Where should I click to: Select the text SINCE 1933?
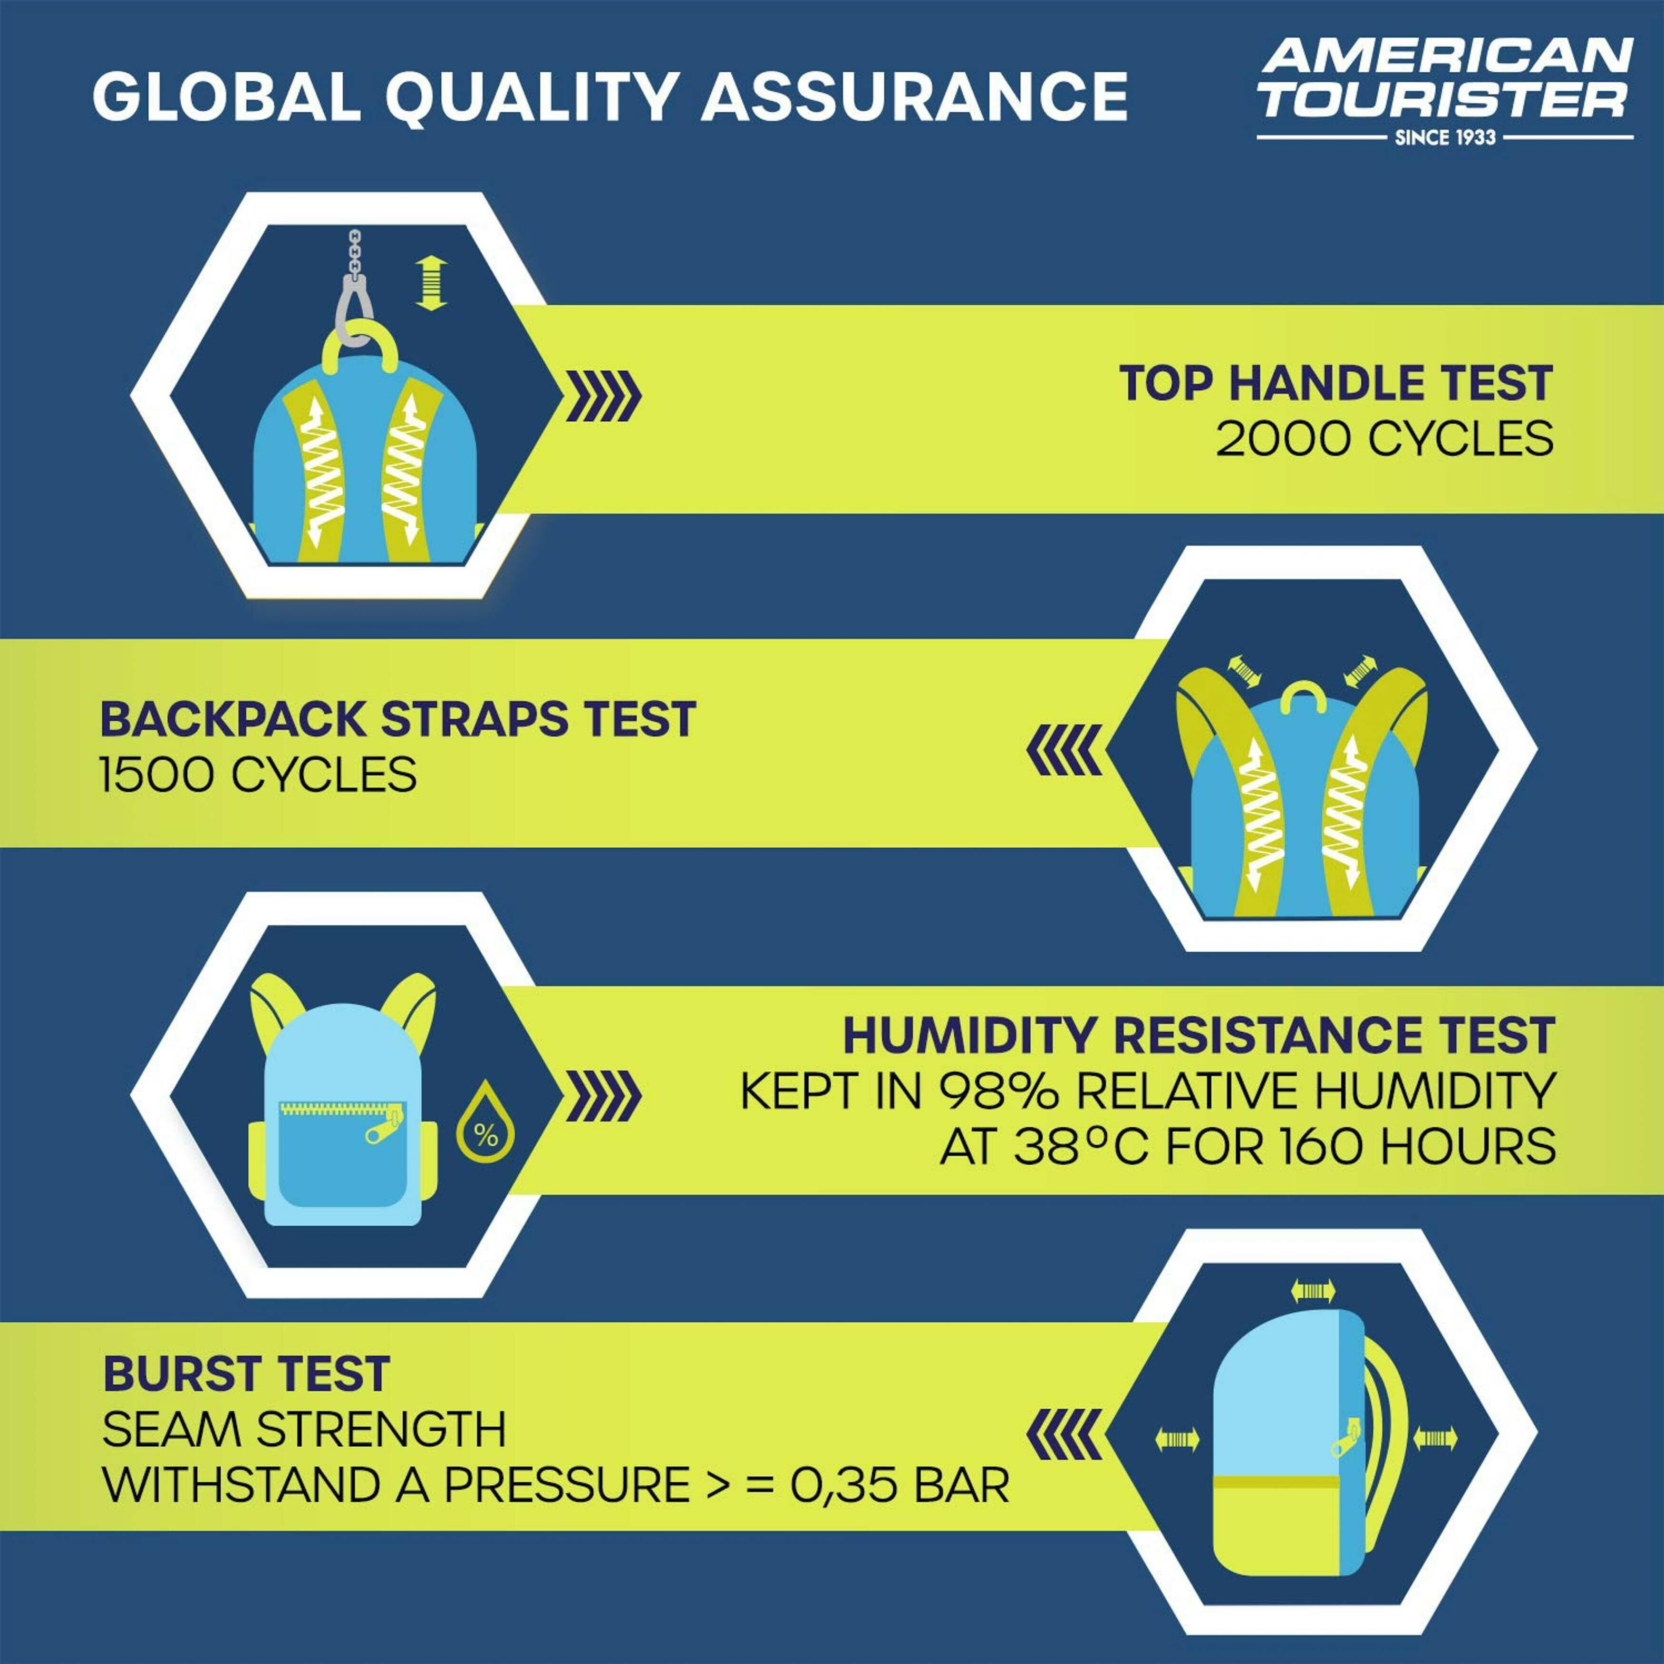coord(1445,137)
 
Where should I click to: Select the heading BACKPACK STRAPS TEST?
coord(398,719)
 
